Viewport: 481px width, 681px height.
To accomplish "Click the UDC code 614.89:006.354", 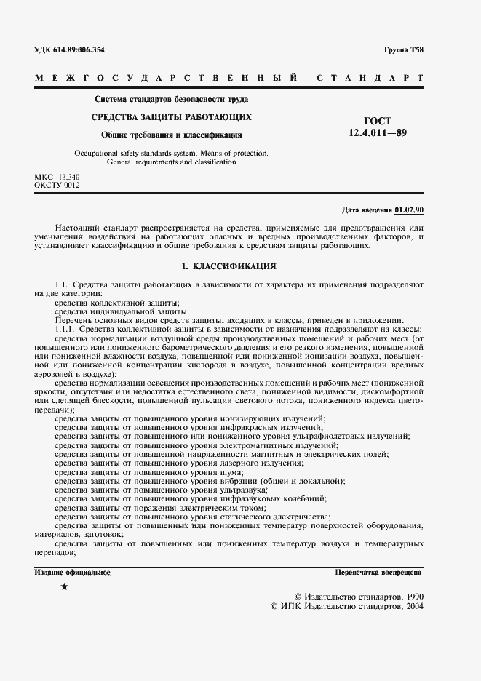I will (80, 50).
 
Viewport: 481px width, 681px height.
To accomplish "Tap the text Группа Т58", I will (403, 50).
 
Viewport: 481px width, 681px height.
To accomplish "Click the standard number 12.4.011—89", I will (376, 132).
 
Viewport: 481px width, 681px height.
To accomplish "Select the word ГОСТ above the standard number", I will (376, 120).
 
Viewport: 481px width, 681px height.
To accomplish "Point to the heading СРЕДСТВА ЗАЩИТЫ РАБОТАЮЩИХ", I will (172, 116).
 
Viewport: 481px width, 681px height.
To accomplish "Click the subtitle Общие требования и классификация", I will (172, 135).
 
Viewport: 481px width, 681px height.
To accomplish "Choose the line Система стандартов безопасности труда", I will (172, 99).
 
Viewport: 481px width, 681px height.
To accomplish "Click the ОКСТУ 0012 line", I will (57, 186).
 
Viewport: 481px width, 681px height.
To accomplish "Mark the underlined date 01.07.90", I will (409, 210).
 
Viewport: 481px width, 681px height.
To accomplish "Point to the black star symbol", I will (64, 586).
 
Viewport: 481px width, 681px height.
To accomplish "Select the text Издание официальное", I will (73, 573).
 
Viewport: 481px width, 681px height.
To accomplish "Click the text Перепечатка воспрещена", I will (379, 573).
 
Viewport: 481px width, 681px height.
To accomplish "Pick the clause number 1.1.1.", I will (65, 329).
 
